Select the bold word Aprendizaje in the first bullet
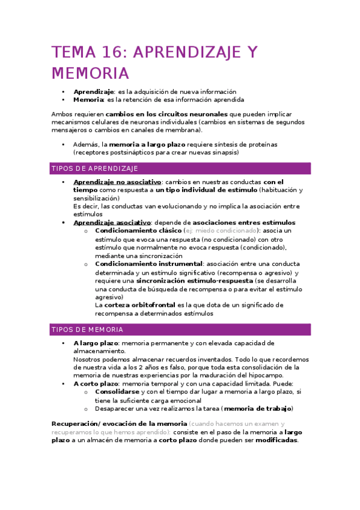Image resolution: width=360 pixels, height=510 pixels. (x=94, y=91)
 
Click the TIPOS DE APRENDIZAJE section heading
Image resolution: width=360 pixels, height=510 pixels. (x=95, y=168)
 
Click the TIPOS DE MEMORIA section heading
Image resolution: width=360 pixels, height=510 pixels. (x=88, y=330)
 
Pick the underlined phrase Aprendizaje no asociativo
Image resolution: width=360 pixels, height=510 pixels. (x=117, y=182)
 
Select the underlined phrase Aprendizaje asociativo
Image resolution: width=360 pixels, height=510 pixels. (x=111, y=223)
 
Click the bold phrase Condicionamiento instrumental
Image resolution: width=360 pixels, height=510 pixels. (x=148, y=263)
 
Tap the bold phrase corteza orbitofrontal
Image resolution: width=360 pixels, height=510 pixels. (x=140, y=305)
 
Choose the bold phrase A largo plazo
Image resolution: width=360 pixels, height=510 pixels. (x=96, y=343)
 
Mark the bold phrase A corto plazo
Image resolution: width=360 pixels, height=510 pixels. (x=96, y=384)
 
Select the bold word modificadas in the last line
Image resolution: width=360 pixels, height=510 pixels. (x=276, y=440)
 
